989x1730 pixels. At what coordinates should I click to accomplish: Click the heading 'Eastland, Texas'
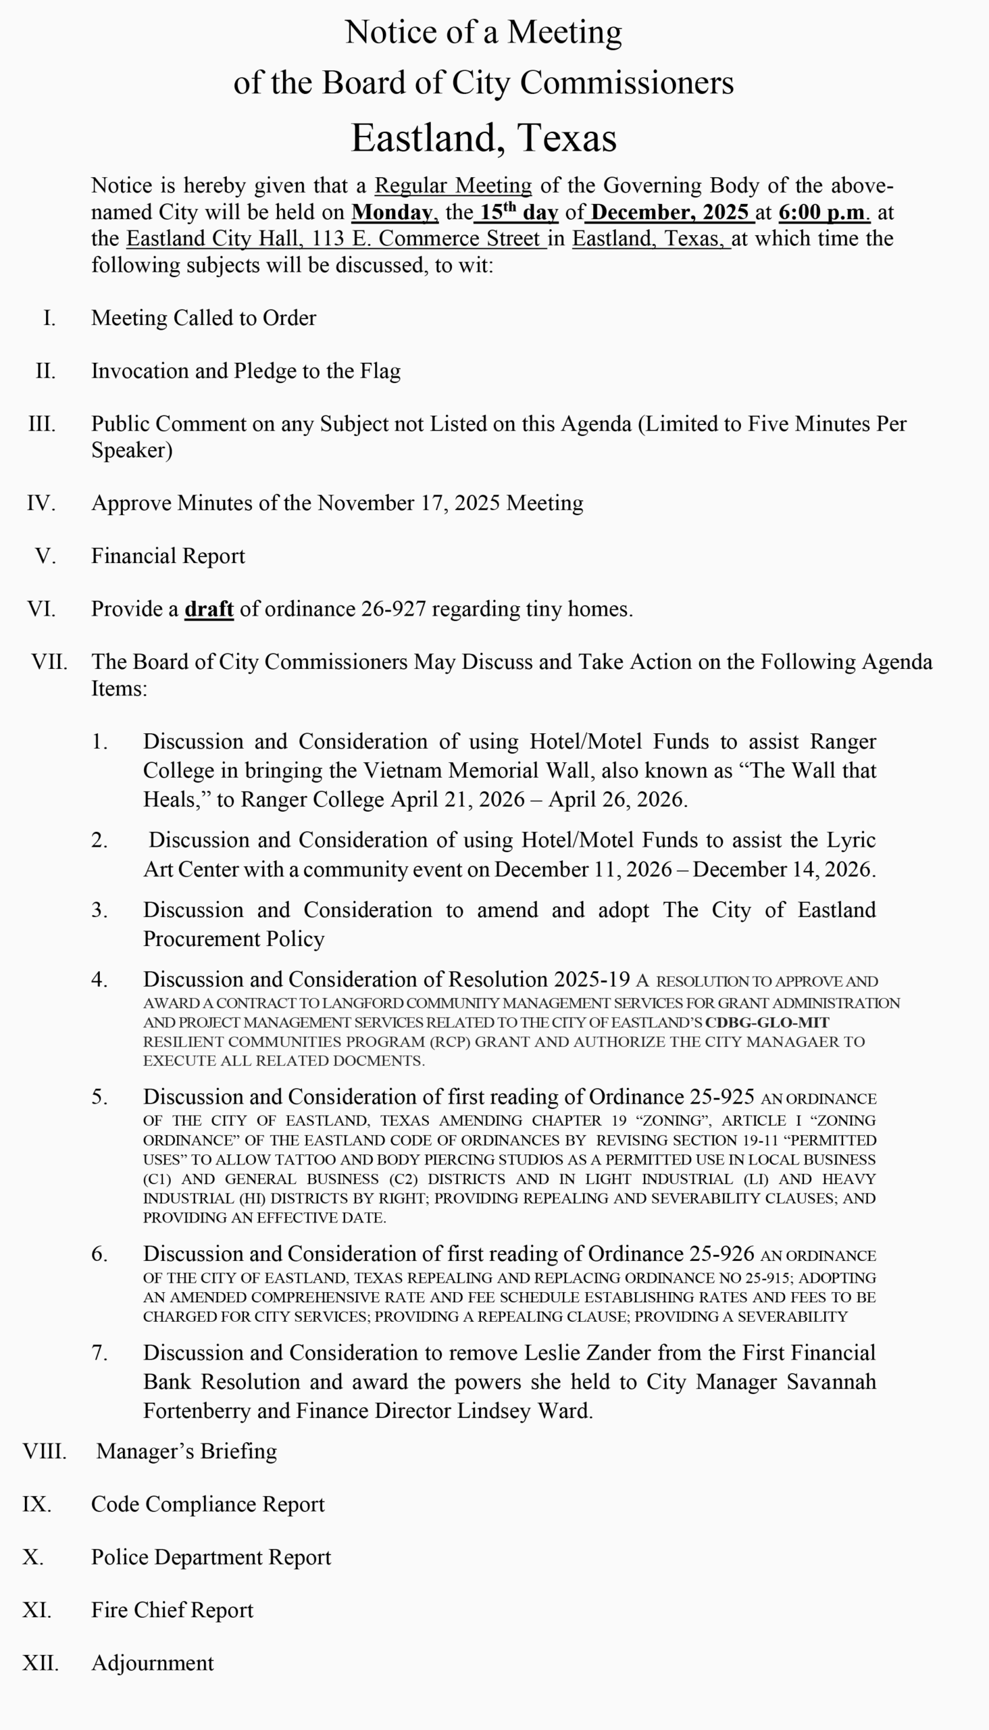(483, 138)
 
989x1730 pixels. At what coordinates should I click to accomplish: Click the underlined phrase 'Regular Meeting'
(453, 186)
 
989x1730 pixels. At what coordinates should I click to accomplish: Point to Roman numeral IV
(41, 503)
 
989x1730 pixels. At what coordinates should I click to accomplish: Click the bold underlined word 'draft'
(209, 609)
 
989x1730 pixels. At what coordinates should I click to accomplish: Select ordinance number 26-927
(392, 609)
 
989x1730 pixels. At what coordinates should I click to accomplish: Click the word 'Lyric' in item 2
(851, 841)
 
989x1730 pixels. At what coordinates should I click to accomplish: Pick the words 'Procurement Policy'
(234, 939)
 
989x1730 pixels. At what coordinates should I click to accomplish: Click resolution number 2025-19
(592, 980)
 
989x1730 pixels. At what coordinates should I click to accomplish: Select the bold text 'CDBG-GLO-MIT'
(767, 1022)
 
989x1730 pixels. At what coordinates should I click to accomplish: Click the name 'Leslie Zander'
(585, 1353)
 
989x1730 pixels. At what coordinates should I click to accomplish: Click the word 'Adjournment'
(152, 1663)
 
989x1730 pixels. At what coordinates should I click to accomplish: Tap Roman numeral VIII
(44, 1452)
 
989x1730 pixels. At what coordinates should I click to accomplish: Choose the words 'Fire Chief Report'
(172, 1610)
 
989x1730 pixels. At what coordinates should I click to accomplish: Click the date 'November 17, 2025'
(408, 503)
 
